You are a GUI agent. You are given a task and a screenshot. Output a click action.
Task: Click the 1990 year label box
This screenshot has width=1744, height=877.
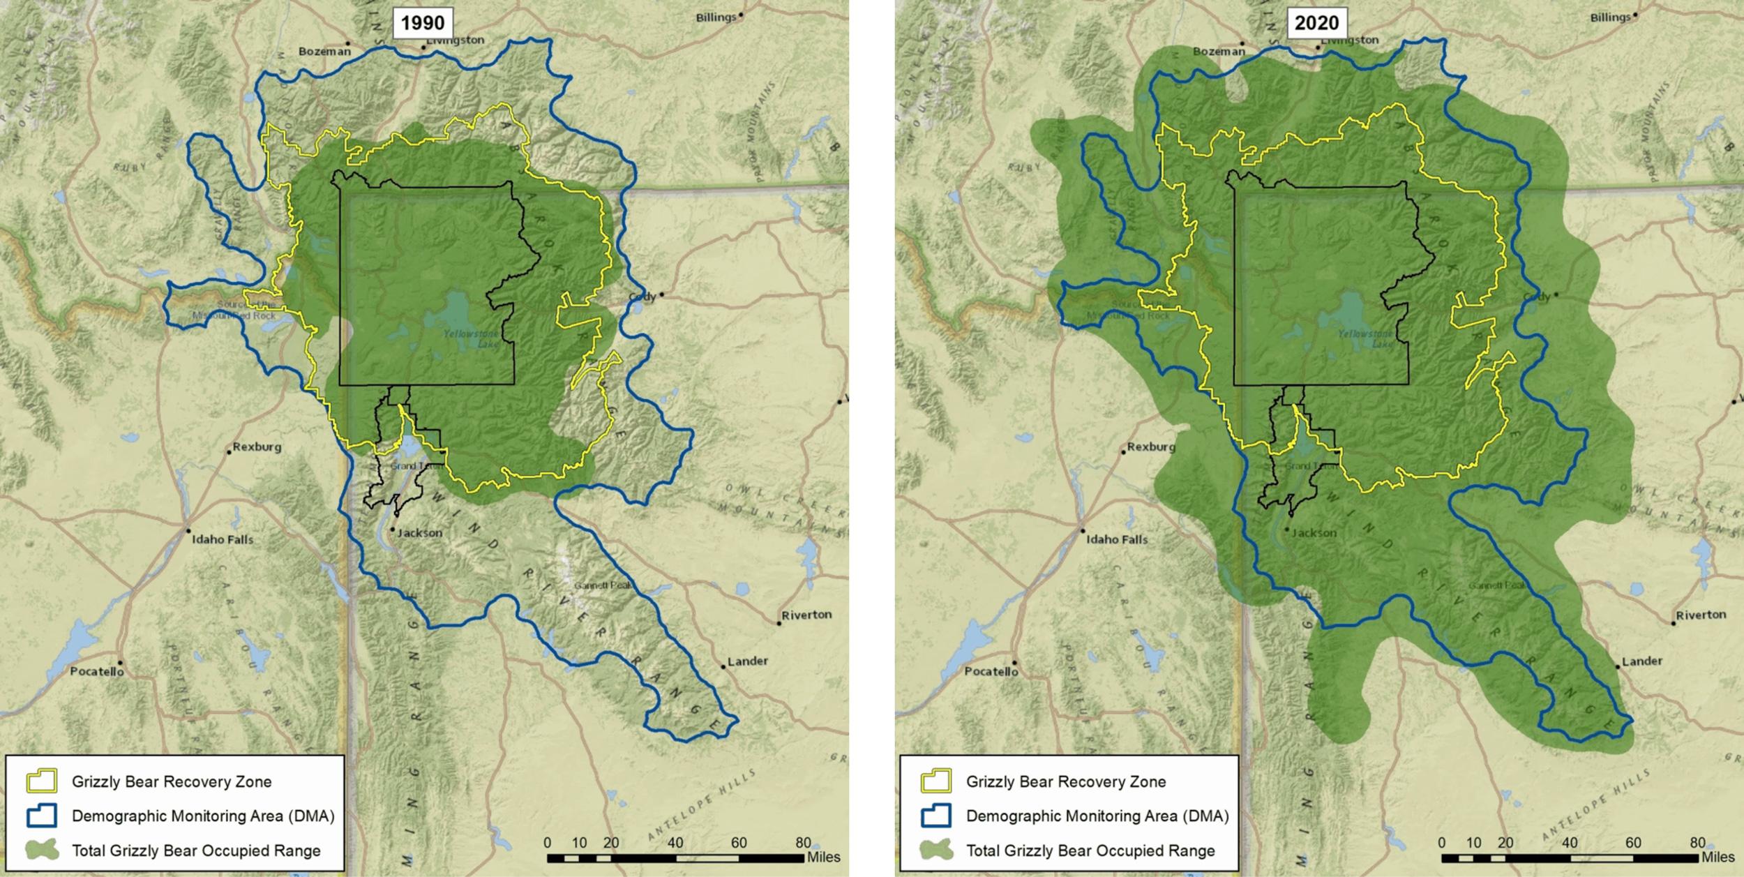tap(423, 23)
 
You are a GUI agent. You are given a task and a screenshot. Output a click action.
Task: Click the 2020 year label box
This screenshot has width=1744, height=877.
tap(1317, 23)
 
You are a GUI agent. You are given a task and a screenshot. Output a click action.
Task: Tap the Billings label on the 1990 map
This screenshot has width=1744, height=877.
tap(716, 17)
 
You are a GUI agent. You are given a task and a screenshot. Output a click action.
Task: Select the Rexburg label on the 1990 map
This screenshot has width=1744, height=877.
tap(257, 447)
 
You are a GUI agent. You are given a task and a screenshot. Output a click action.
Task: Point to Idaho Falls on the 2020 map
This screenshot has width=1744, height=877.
tap(1117, 539)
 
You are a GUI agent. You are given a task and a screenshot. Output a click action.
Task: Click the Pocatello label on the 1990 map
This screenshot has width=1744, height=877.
tap(97, 671)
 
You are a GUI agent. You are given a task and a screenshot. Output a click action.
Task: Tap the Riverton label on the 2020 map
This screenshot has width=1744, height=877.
tap(1700, 615)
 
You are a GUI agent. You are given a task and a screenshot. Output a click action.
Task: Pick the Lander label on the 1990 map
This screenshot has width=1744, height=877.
tap(747, 661)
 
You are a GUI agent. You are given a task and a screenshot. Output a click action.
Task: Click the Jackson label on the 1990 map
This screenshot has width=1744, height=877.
tap(419, 533)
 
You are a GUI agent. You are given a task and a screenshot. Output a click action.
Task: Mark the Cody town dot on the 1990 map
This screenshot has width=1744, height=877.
tap(661, 294)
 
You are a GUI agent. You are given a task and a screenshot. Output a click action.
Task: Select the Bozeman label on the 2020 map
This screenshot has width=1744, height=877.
tap(1218, 51)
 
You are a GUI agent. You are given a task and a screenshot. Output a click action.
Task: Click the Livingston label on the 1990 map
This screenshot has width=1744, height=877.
tap(455, 40)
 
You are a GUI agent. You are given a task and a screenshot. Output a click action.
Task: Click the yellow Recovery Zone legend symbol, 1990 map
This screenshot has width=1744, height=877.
tap(41, 781)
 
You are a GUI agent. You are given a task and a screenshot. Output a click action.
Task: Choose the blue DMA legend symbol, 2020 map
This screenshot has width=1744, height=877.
tap(935, 816)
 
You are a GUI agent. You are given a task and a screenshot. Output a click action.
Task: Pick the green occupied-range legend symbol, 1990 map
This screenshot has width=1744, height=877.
tap(41, 850)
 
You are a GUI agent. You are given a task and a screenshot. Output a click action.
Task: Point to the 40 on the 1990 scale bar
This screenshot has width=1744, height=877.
tap(675, 843)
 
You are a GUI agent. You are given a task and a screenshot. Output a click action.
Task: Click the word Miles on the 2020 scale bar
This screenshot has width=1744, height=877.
tap(1717, 857)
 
